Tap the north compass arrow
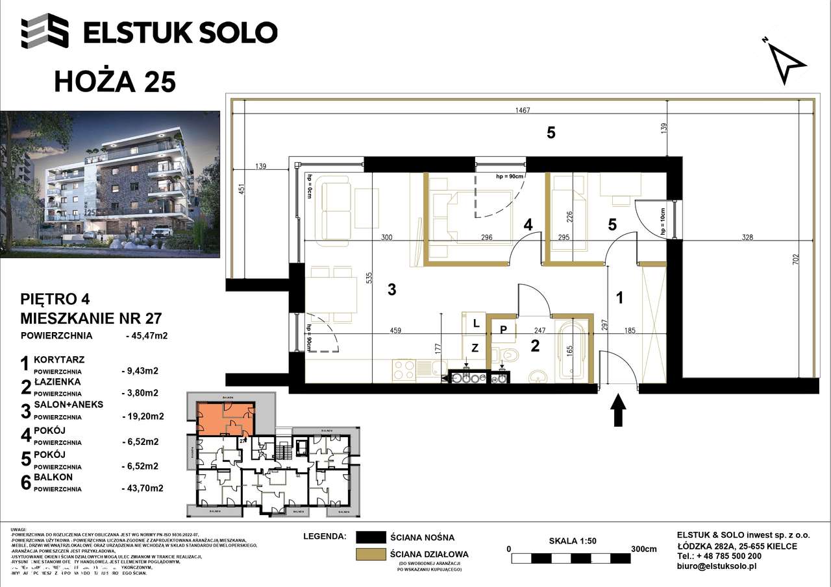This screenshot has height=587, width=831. point(787,61)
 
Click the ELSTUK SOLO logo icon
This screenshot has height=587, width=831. point(45,31)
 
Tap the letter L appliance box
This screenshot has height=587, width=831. point(476,322)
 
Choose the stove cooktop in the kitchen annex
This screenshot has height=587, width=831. point(403,370)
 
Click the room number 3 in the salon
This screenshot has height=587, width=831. point(391,290)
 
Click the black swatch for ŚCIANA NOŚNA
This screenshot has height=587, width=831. point(370,537)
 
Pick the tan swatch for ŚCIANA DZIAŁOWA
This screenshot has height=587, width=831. point(370,555)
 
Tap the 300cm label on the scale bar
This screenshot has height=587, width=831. point(643,549)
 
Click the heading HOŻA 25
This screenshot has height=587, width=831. point(114,82)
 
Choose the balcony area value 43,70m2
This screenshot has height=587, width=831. point(142,489)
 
